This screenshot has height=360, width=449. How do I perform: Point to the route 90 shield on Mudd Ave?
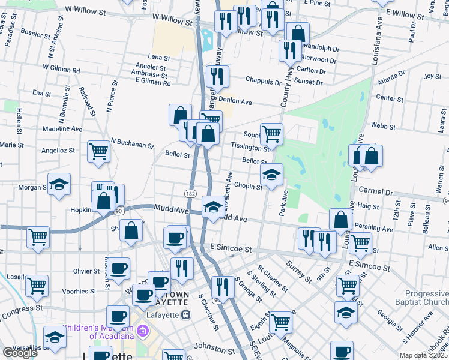pyautogui.click(x=119, y=211)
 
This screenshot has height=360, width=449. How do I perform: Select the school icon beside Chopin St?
pyautogui.click(x=271, y=175)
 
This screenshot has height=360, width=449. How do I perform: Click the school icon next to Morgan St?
pyautogui.click(x=59, y=184)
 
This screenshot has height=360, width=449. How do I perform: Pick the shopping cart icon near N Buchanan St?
pyautogui.click(x=98, y=151)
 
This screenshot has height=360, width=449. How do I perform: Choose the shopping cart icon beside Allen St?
pyautogui.click(x=360, y=243)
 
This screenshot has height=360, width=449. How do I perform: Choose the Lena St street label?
pyautogui.click(x=159, y=58)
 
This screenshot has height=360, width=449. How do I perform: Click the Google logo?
pyautogui.click(x=19, y=353)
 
